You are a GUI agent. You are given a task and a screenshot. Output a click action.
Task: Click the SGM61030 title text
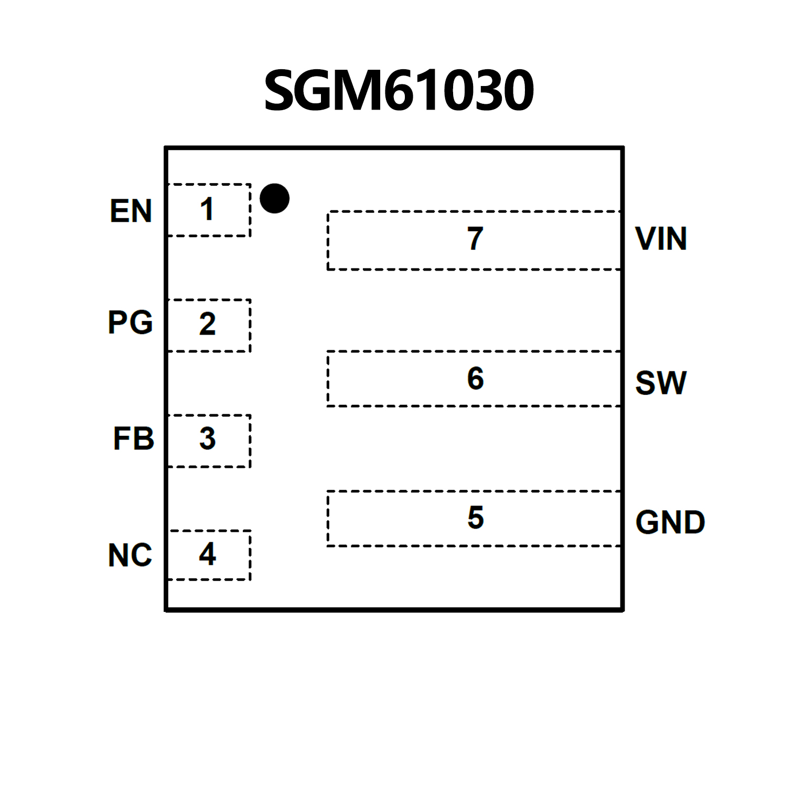click(x=399, y=91)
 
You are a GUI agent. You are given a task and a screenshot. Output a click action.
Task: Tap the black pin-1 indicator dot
click(x=274, y=199)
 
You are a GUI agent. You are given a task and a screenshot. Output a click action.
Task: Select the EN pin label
click(x=131, y=211)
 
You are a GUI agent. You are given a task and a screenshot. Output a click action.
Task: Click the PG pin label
click(x=130, y=322)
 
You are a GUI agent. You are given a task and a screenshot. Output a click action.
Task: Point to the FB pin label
click(x=134, y=438)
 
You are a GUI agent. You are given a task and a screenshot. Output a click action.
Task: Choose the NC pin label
click(x=130, y=555)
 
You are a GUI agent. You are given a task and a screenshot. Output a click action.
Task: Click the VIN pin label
click(x=661, y=239)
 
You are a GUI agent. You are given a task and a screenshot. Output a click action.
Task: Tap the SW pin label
click(x=661, y=383)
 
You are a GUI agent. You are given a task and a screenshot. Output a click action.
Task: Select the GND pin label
click(x=670, y=522)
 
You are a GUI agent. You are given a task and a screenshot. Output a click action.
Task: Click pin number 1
click(x=207, y=209)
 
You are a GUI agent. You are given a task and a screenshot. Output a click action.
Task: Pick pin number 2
click(x=207, y=324)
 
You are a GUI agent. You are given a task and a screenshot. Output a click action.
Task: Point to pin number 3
click(x=207, y=438)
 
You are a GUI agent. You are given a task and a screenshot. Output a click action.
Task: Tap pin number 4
click(x=207, y=554)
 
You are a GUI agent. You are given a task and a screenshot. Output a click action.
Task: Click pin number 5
click(x=475, y=518)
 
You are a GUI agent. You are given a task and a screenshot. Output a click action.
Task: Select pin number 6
click(x=475, y=378)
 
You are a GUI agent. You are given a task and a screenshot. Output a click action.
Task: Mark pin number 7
click(x=475, y=239)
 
